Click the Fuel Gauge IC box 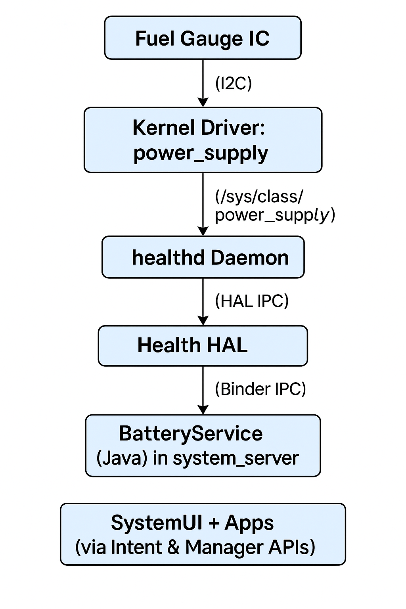click(x=203, y=38)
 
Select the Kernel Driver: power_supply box click(x=203, y=140)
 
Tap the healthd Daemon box click(x=203, y=257)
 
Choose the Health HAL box click(x=203, y=345)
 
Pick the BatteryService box click(x=203, y=445)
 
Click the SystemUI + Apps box click(x=203, y=534)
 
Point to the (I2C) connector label click(x=233, y=84)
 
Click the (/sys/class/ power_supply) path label click(x=274, y=206)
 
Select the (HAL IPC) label click(x=251, y=301)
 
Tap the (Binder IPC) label click(x=260, y=389)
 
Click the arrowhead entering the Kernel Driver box click(x=203, y=103)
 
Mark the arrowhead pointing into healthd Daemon click(x=203, y=231)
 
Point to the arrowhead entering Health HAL click(x=203, y=321)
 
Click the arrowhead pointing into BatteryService click(x=203, y=410)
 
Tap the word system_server click(x=236, y=458)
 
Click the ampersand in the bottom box click(x=173, y=547)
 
